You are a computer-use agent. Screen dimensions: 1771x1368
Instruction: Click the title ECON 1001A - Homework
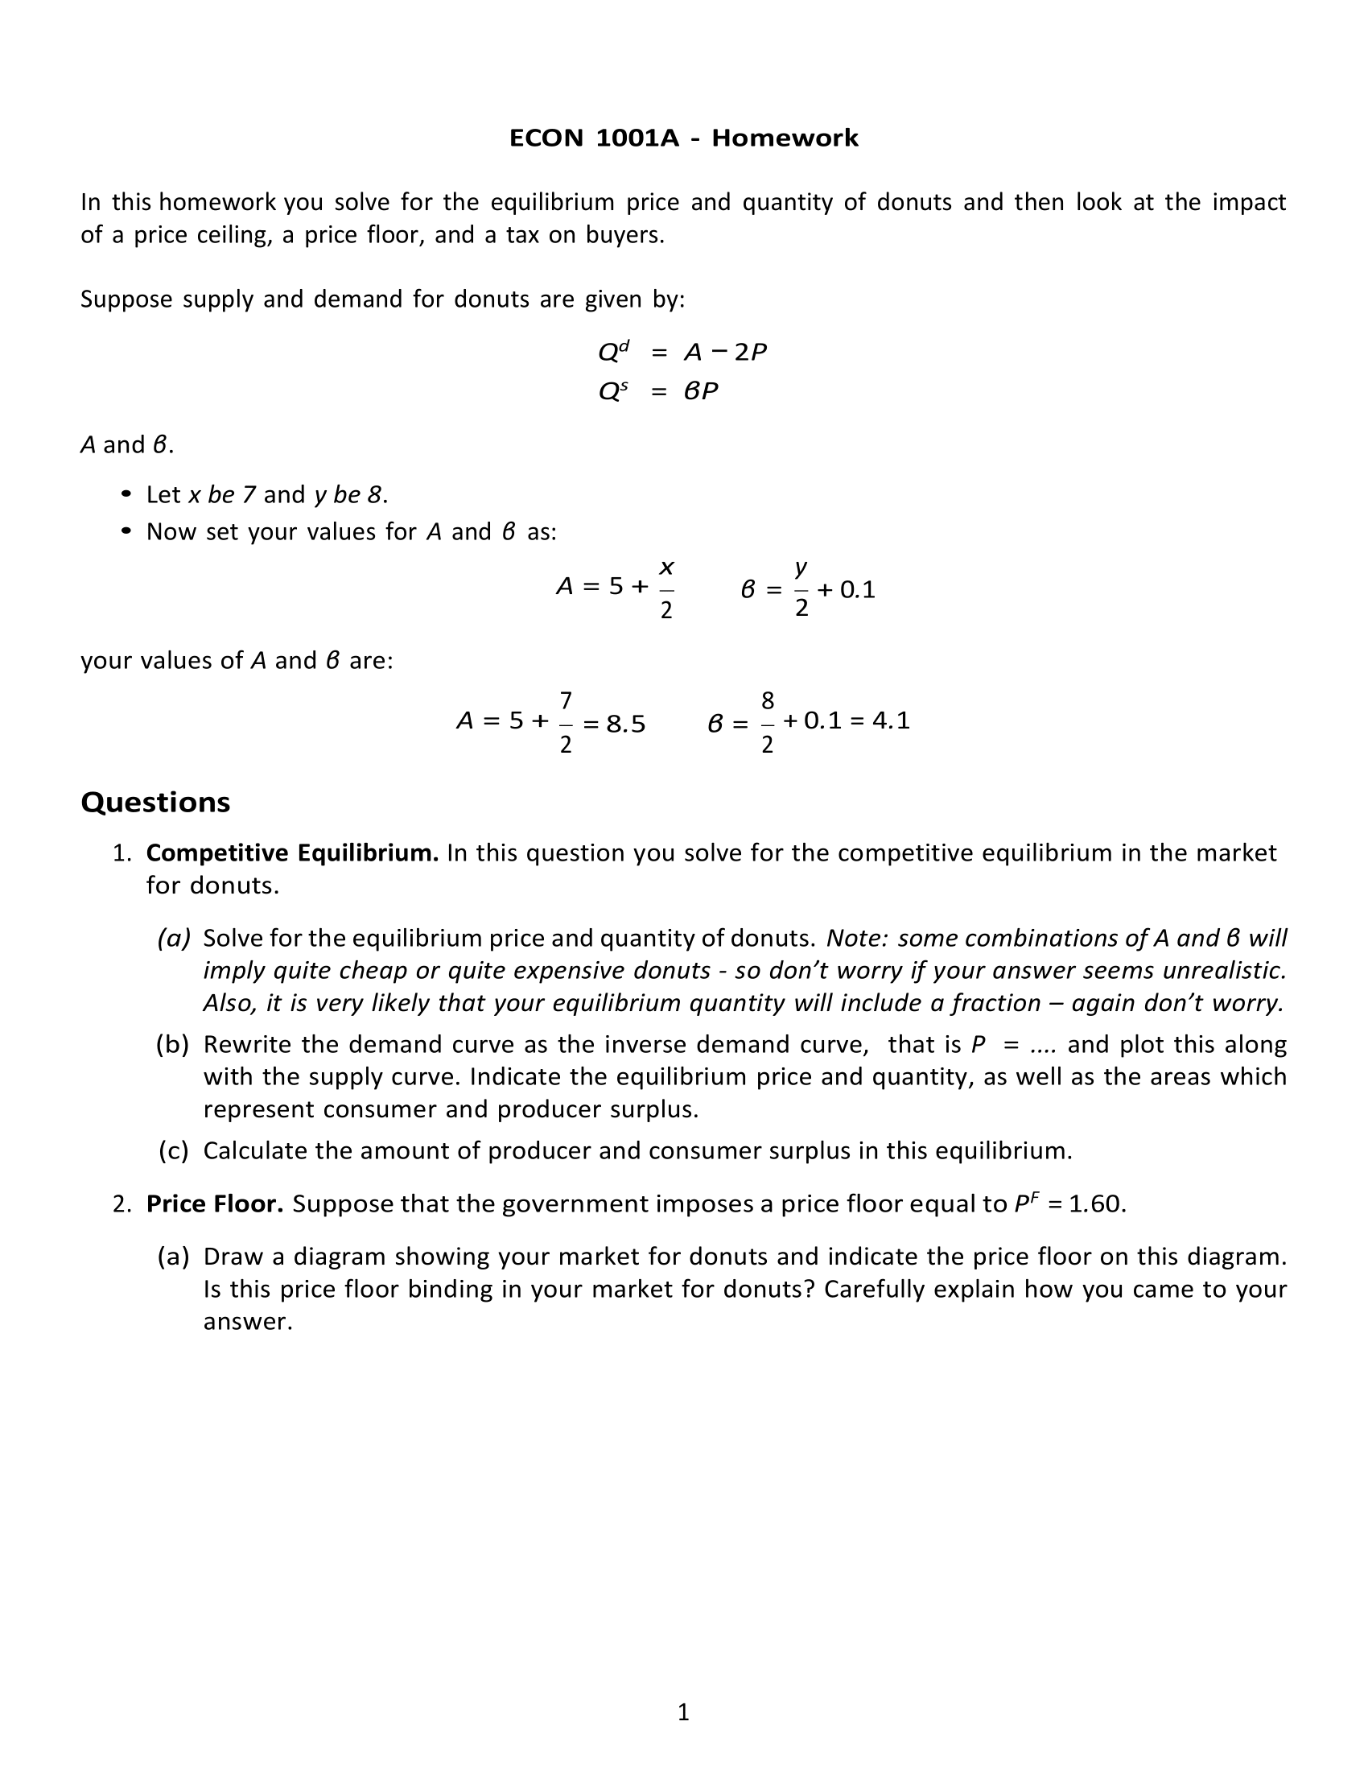tap(683, 138)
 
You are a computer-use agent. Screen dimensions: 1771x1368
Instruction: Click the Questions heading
tap(155, 802)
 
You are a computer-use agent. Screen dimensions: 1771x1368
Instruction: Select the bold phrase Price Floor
tap(215, 1203)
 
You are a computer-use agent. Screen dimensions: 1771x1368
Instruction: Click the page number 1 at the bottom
tap(683, 1711)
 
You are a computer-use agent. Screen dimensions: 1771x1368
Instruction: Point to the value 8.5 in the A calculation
tap(625, 724)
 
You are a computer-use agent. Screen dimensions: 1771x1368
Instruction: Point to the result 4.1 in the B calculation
tap(891, 720)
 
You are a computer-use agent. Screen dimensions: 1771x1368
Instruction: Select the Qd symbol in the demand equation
tap(612, 352)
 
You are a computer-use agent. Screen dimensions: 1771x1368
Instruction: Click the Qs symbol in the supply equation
tap(612, 392)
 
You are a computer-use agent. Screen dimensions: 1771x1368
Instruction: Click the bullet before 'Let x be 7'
tap(126, 493)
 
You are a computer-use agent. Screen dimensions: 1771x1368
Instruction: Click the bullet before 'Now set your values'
tap(126, 531)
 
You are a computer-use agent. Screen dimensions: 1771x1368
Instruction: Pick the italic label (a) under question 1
tap(174, 938)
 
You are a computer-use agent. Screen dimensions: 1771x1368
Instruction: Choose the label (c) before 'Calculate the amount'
tap(174, 1150)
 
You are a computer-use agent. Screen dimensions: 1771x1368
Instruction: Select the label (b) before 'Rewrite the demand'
tap(173, 1044)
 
